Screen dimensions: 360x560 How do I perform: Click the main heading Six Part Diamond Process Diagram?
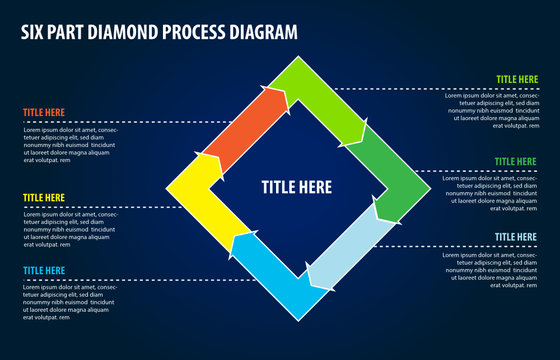[159, 32]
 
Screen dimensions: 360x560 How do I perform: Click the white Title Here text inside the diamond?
[297, 186]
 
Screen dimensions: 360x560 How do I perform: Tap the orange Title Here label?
[44, 113]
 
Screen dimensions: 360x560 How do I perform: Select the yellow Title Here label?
[44, 198]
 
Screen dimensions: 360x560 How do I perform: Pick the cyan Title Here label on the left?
[44, 270]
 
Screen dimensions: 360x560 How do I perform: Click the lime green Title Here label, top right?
[516, 78]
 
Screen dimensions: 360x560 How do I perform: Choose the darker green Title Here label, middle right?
[516, 161]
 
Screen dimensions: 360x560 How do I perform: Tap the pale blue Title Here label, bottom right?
[516, 237]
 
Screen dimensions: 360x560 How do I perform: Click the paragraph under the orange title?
[70, 145]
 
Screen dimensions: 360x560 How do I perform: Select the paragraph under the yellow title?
[70, 230]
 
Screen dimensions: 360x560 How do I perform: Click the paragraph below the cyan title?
[70, 302]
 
